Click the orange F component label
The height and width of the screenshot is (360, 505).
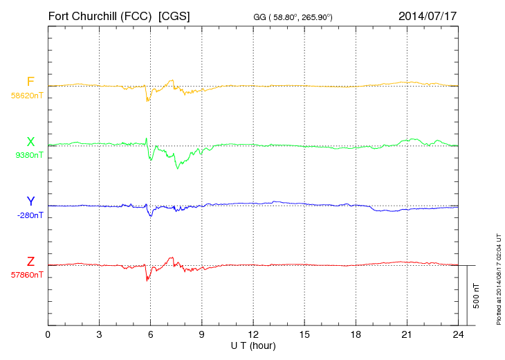[x=30, y=82]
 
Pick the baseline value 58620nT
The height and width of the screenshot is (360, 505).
[x=26, y=96]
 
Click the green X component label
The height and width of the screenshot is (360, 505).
[x=30, y=141]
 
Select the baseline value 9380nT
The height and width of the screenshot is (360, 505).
[x=29, y=155]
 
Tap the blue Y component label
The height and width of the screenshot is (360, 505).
[x=30, y=201]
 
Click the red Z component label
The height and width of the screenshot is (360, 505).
[x=30, y=261]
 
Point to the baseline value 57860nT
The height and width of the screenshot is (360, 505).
[x=26, y=275]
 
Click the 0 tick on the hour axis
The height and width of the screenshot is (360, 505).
[x=48, y=334]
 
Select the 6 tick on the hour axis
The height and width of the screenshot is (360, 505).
[x=150, y=334]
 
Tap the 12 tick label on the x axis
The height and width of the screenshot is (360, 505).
[x=252, y=334]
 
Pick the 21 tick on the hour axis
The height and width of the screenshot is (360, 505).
[x=407, y=334]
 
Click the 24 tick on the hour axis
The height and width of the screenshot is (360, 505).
[x=458, y=334]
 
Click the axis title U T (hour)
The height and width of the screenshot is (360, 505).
[x=253, y=345]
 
